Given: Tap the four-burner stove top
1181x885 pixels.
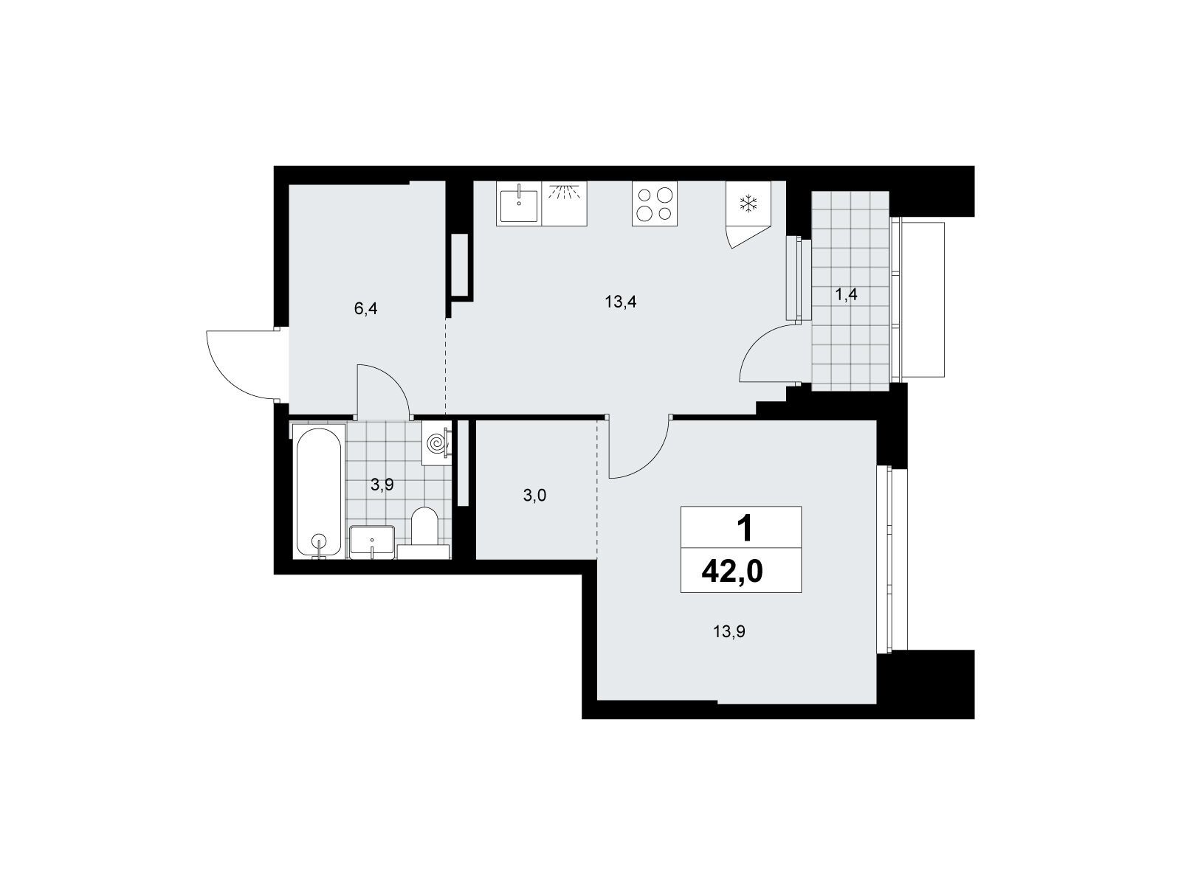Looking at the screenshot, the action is point(654,203).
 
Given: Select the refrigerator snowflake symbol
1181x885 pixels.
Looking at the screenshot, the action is point(748,204).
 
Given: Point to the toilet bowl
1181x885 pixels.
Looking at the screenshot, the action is point(424,526).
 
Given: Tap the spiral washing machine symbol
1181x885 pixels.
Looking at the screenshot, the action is point(436,442).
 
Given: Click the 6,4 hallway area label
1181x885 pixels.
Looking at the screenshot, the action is point(365,308).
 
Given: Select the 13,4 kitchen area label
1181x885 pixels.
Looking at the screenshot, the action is point(620,302).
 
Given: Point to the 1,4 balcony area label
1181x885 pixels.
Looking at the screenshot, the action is point(846,294).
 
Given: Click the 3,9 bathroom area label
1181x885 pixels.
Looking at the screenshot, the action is point(382,485).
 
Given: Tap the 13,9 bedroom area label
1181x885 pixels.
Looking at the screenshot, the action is point(729,631).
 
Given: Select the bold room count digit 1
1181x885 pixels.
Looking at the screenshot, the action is point(745,528).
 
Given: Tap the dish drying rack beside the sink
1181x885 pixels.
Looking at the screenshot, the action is point(564,203).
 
